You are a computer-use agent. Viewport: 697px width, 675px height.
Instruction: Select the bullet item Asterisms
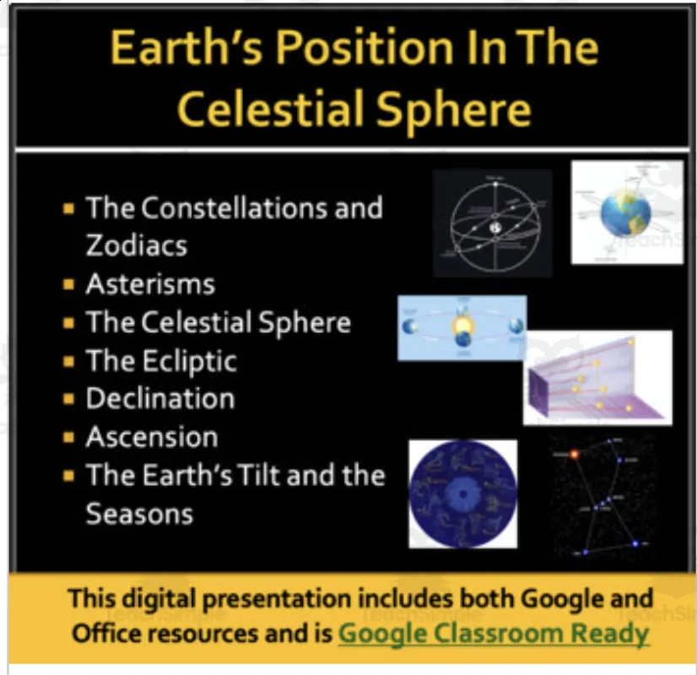150,284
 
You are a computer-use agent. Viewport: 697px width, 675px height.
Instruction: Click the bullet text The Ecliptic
161,361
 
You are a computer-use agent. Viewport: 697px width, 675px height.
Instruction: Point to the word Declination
160,399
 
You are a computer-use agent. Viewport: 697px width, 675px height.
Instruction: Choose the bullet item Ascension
152,437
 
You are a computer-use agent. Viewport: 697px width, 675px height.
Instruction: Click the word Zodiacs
136,246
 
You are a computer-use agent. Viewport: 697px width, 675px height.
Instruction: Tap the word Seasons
139,513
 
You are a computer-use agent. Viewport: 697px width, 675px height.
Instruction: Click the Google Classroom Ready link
494,633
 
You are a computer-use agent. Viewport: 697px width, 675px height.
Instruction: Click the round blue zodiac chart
462,494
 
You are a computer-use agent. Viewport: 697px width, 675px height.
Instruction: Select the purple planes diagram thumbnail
597,377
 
